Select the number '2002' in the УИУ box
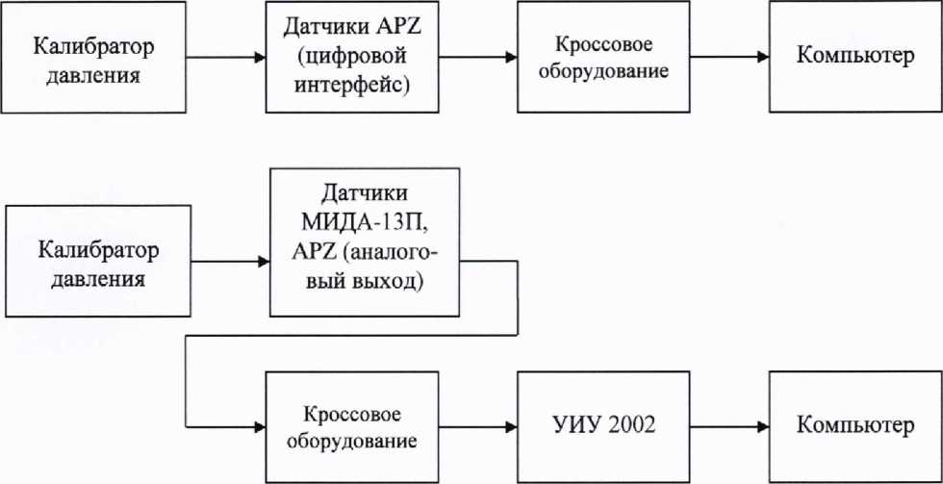(x=627, y=425)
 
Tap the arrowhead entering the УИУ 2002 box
(x=510, y=425)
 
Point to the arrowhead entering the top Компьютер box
(x=763, y=58)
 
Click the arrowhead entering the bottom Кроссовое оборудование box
(x=260, y=425)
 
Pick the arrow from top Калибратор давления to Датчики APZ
(x=224, y=58)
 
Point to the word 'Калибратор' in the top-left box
(x=93, y=46)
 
